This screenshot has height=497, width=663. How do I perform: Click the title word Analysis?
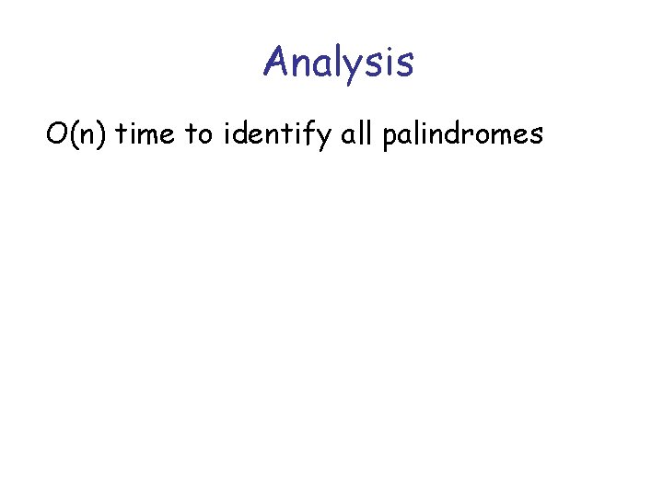click(338, 63)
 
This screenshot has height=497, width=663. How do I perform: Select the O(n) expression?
click(77, 135)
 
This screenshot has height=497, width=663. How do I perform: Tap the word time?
click(148, 135)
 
